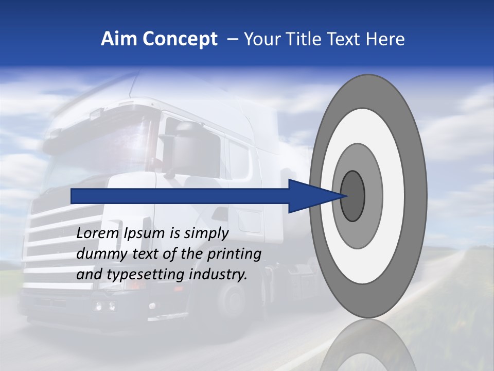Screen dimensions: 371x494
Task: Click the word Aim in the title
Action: (119, 39)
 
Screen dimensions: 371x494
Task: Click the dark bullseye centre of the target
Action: (353, 196)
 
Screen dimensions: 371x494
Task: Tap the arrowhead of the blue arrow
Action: (314, 196)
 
